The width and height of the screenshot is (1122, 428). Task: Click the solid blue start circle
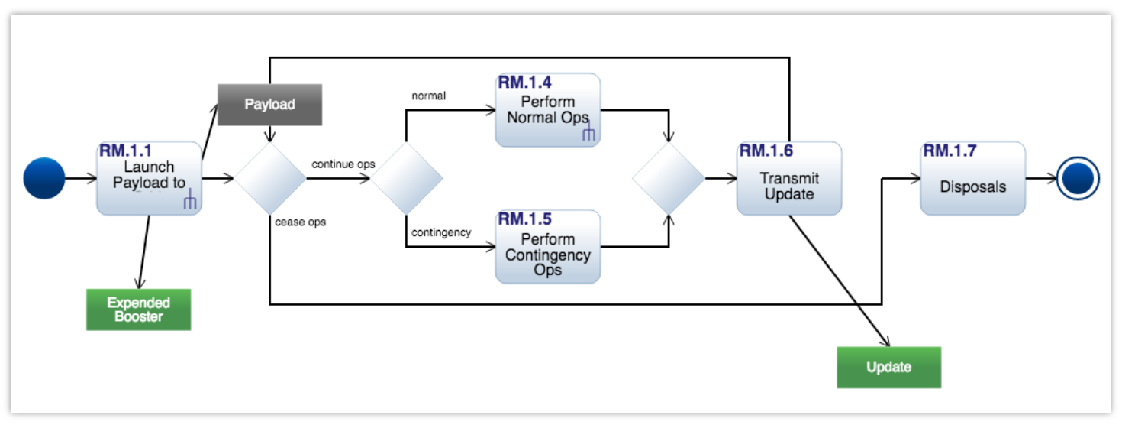(44, 178)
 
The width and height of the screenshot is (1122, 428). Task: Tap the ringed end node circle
(1078, 179)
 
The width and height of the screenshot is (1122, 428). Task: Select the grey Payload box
(269, 105)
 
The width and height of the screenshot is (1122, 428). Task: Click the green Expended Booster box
(138, 310)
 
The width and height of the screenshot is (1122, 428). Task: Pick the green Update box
(888, 368)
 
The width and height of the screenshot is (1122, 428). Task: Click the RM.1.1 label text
(125, 151)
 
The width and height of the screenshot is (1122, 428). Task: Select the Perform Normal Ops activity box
(547, 110)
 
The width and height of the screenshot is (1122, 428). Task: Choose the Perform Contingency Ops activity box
(547, 247)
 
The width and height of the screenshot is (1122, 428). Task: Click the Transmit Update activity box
(788, 178)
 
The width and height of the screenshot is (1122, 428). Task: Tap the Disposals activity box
(972, 178)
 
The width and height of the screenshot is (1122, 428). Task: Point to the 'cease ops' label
(300, 222)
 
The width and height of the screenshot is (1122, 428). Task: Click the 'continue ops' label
(343, 164)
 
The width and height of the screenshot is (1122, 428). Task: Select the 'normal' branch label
(428, 96)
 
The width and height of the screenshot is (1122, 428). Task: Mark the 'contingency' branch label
(440, 232)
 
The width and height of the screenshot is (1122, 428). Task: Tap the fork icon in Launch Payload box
(190, 202)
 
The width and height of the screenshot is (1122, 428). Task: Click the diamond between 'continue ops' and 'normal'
(405, 179)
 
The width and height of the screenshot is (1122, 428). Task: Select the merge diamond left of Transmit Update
(669, 179)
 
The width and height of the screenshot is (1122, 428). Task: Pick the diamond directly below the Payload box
(269, 179)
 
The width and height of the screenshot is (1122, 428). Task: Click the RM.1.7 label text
(950, 151)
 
